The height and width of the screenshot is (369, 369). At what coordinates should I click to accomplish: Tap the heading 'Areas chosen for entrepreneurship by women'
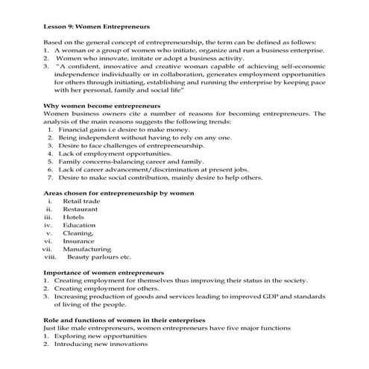(x=119, y=192)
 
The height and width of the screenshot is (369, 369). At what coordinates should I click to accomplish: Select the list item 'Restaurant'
(x=81, y=210)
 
